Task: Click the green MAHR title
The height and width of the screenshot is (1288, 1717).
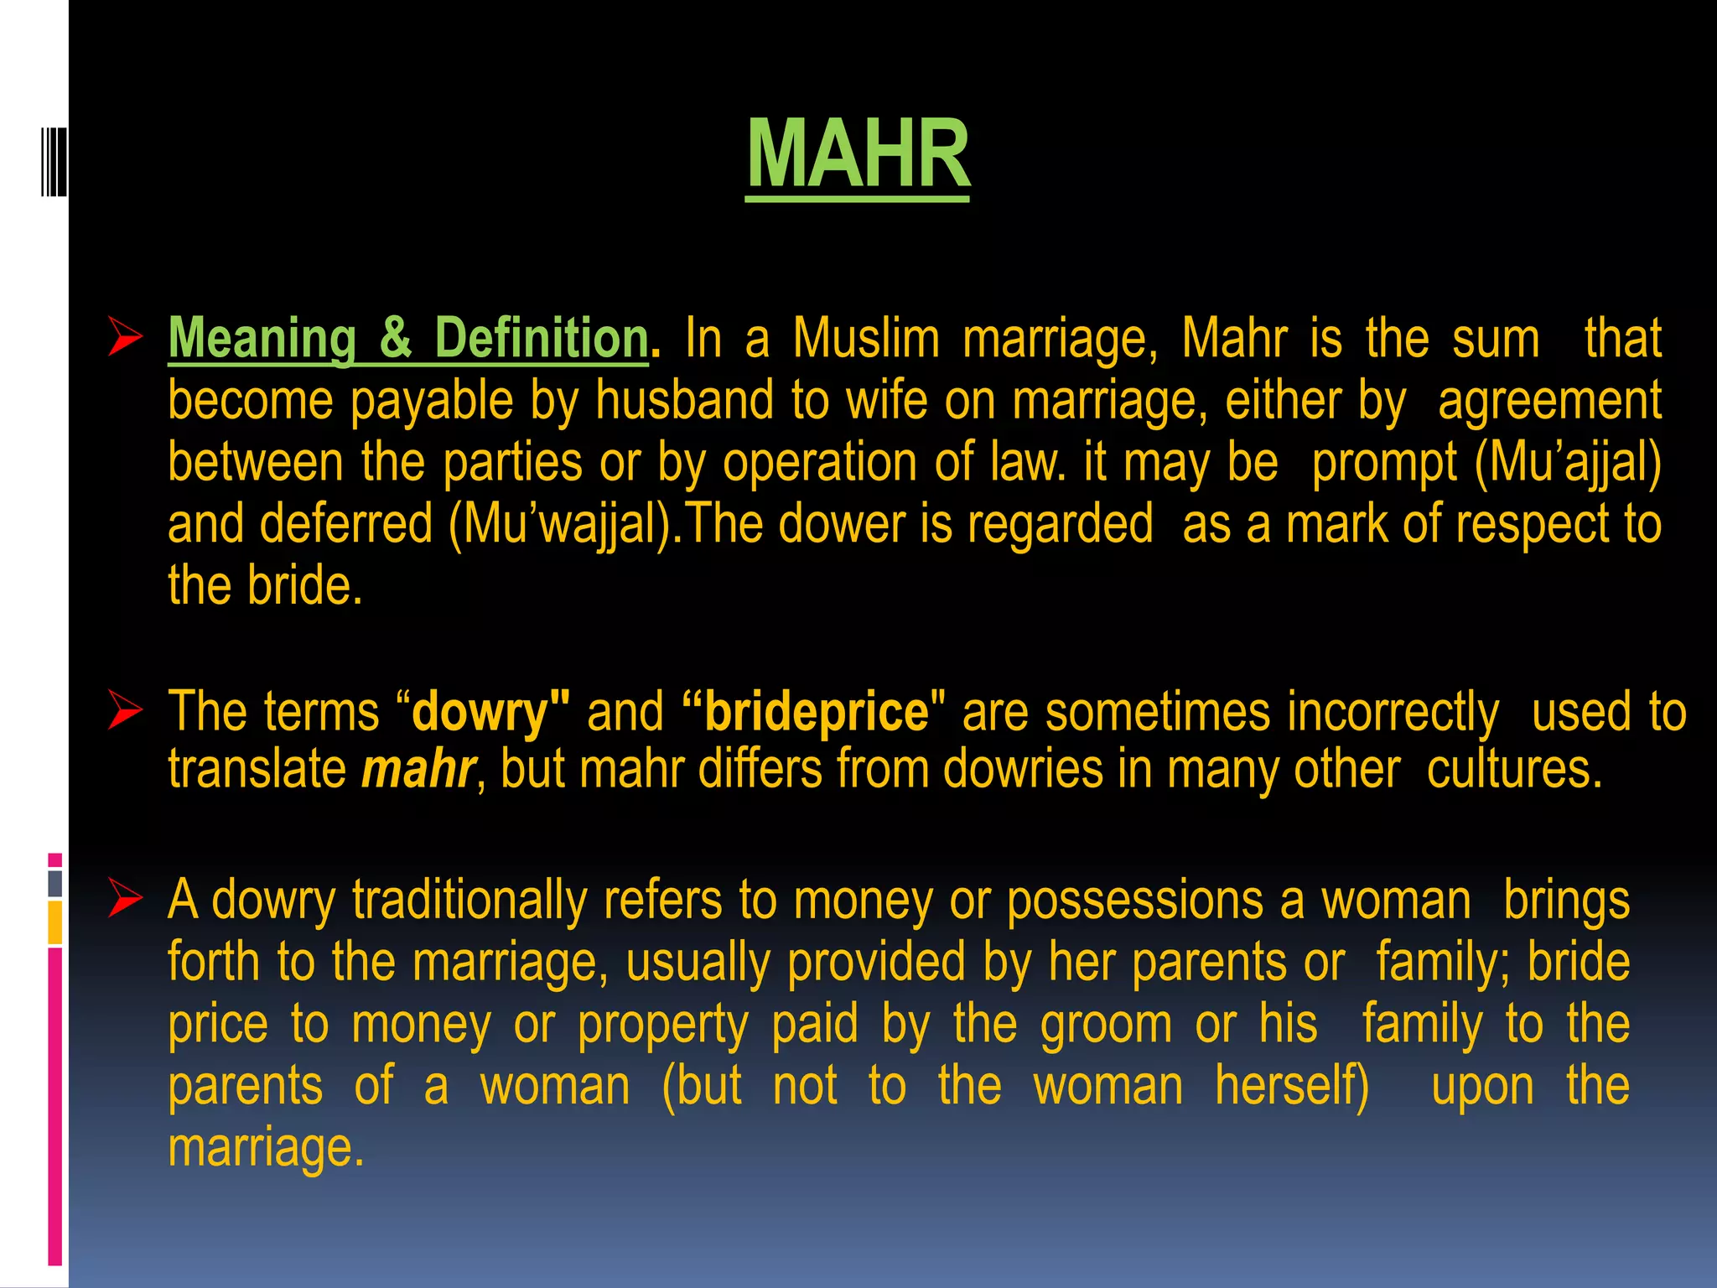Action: point(858,155)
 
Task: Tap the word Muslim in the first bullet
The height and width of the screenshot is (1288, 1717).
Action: point(866,338)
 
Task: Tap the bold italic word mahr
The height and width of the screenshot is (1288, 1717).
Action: point(418,769)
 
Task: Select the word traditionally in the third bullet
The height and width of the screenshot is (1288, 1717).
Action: point(469,901)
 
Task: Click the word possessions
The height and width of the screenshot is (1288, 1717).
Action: point(1134,901)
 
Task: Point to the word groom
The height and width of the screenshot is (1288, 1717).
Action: point(1106,1025)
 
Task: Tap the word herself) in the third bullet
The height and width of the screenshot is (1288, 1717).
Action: point(1292,1086)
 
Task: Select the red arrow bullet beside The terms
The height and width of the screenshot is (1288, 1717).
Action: point(125,712)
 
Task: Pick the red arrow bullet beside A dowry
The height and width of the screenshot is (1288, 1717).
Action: point(125,901)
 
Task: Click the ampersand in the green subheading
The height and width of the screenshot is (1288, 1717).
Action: point(395,338)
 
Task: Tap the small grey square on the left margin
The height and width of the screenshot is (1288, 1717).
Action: point(55,884)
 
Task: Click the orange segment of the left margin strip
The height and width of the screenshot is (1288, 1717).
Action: point(55,923)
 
